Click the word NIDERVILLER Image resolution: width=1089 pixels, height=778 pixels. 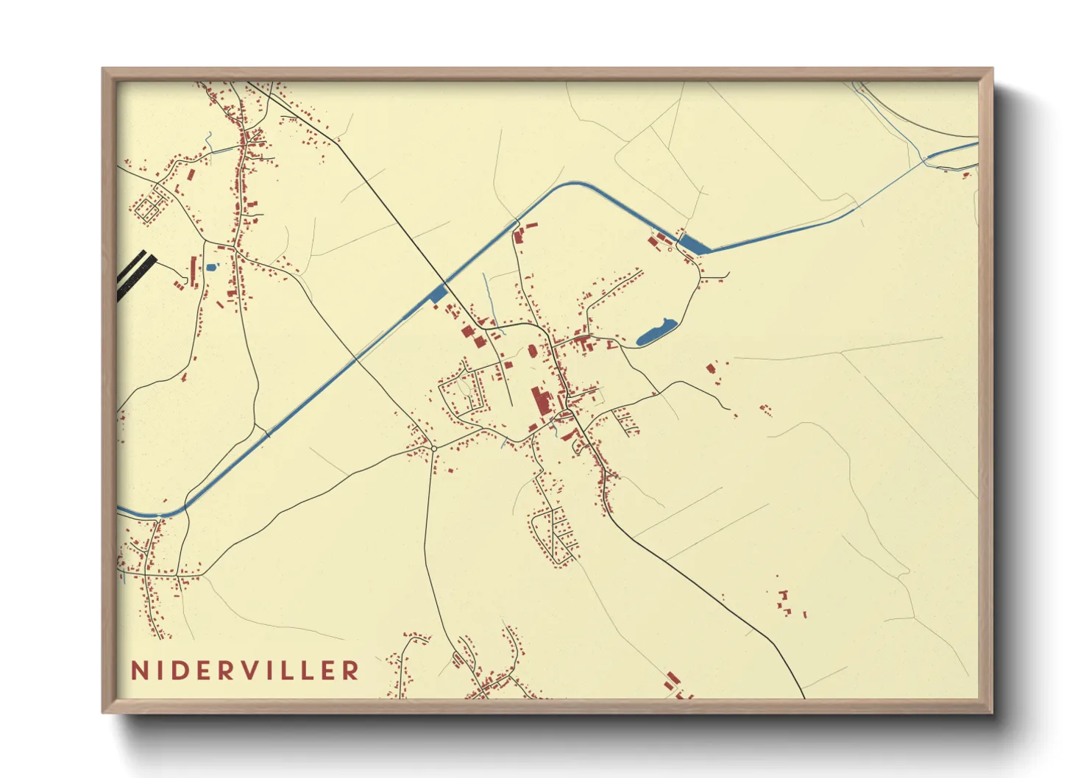click(245, 671)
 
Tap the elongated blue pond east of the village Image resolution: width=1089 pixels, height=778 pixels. click(655, 332)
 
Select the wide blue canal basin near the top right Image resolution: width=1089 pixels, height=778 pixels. click(693, 245)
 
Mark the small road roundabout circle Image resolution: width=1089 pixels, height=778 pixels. click(434, 448)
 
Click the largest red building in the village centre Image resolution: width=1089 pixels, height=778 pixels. click(542, 402)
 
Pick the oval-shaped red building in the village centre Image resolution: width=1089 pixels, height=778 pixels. click(531, 351)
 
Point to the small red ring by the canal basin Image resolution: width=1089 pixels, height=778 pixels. click(670, 249)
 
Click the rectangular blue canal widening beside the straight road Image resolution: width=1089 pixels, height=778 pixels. click(438, 294)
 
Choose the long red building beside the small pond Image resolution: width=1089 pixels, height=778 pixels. click(194, 271)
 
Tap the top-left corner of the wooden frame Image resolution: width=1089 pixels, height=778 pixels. click(104, 70)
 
